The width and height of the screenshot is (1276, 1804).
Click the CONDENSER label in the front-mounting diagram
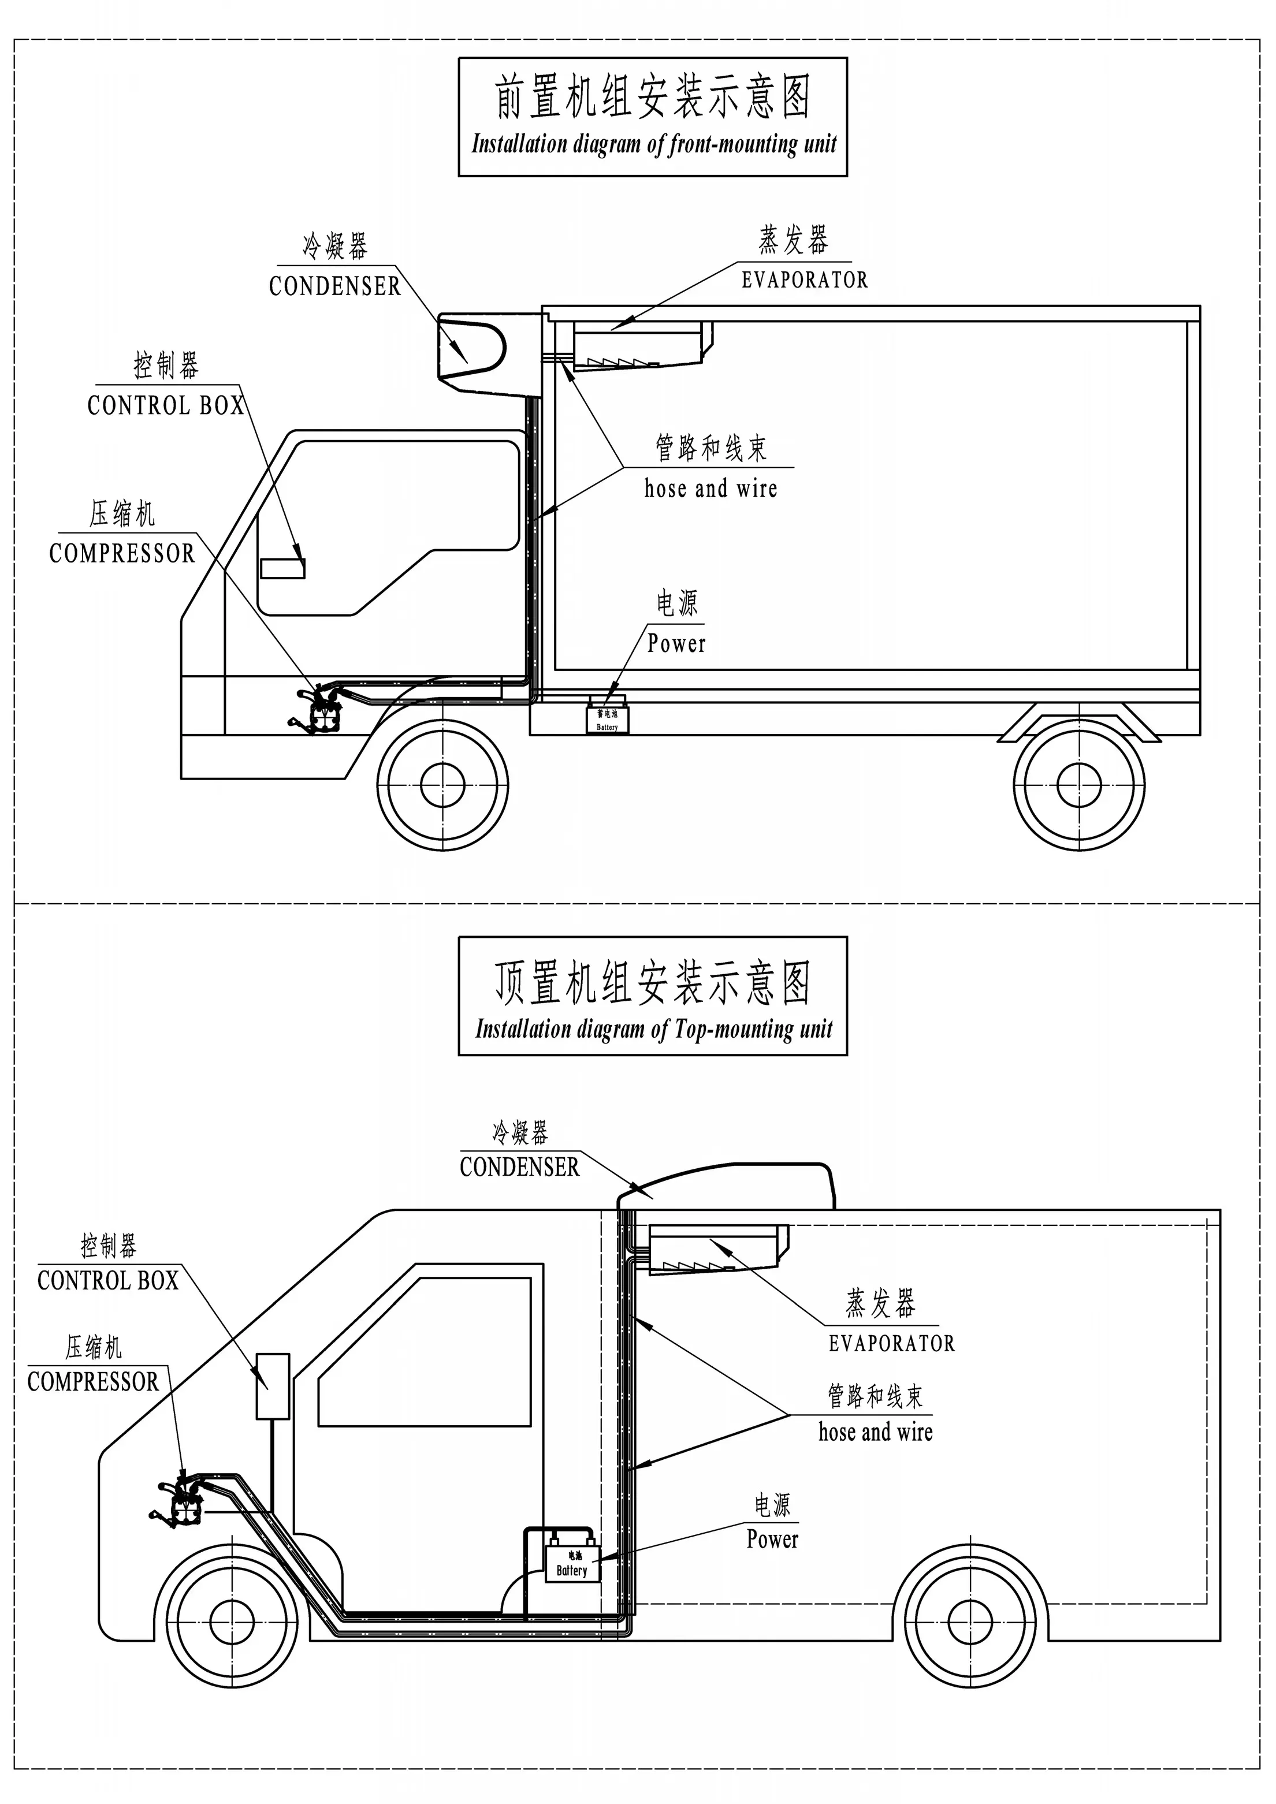pos(334,286)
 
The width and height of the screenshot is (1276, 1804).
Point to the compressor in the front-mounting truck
pos(322,709)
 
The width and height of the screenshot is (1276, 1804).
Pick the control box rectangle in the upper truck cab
pos(283,568)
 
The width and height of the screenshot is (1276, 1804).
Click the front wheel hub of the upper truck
pos(442,784)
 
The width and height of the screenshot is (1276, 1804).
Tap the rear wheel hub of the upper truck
pos(1079,784)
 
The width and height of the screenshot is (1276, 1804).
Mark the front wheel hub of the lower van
pos(233,1621)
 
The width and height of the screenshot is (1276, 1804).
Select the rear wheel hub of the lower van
pos(970,1621)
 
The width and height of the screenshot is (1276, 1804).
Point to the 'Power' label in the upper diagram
pos(676,643)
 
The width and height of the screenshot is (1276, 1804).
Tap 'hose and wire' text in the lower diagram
pos(875,1432)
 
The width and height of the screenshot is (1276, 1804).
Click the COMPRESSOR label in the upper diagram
pos(122,553)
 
